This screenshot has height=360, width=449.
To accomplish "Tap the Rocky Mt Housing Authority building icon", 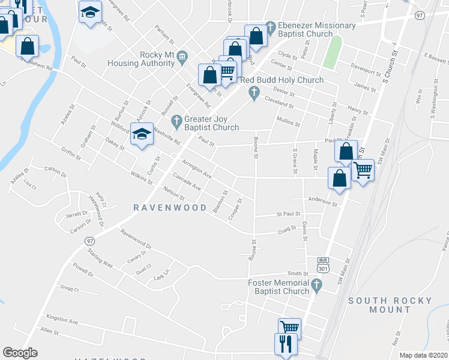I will [182, 55].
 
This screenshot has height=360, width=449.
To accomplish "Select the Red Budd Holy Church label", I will [282, 80].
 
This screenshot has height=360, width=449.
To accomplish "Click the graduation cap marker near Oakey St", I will [142, 136].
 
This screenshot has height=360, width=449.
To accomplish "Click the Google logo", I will [20, 353].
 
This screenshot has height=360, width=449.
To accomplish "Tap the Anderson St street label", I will [322, 203].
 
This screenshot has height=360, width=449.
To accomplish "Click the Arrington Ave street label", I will [197, 169].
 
